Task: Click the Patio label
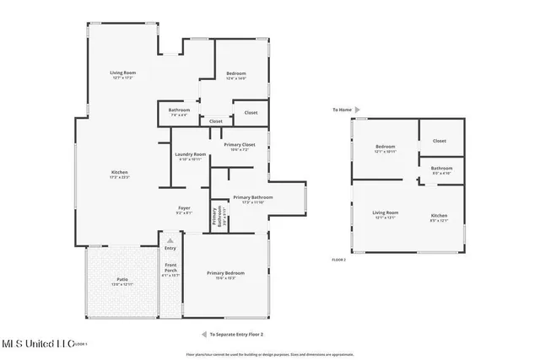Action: click(x=122, y=281)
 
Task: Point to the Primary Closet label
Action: click(x=240, y=146)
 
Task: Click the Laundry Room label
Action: click(x=191, y=155)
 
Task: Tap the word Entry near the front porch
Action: click(x=170, y=248)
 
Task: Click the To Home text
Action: click(x=341, y=110)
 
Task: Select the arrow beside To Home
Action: click(x=358, y=110)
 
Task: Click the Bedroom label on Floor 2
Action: click(x=385, y=148)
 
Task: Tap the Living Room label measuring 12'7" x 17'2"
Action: click(x=123, y=74)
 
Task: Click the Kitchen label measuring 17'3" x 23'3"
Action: click(x=119, y=174)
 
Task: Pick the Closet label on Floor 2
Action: click(x=440, y=141)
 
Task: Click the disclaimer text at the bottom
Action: click(x=270, y=354)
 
